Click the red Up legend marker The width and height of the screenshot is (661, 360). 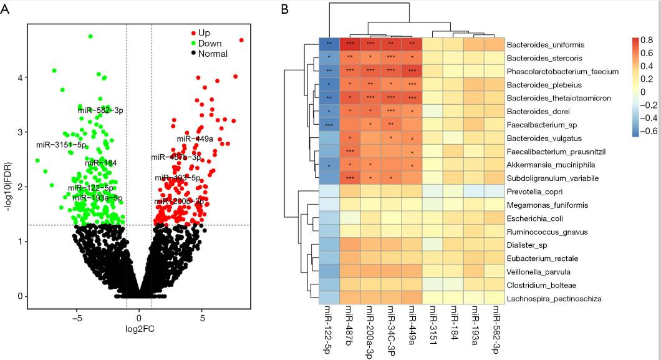pos(194,31)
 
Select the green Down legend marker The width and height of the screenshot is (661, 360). pos(194,42)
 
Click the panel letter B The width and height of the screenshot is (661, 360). pos(284,9)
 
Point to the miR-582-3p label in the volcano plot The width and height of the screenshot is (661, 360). pos(100,110)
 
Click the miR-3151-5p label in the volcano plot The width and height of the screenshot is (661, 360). pos(61,145)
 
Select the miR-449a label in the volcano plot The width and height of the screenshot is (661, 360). pos(195,139)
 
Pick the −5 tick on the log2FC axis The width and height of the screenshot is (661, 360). pos(77,317)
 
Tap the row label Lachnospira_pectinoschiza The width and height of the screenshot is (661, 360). pos(554,299)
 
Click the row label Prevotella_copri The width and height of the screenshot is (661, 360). pos(536,192)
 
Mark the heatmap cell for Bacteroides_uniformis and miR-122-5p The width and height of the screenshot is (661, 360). pos(329,45)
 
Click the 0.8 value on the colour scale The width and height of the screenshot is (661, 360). pos(645,39)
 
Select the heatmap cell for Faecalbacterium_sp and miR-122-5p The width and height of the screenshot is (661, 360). pos(329,125)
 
